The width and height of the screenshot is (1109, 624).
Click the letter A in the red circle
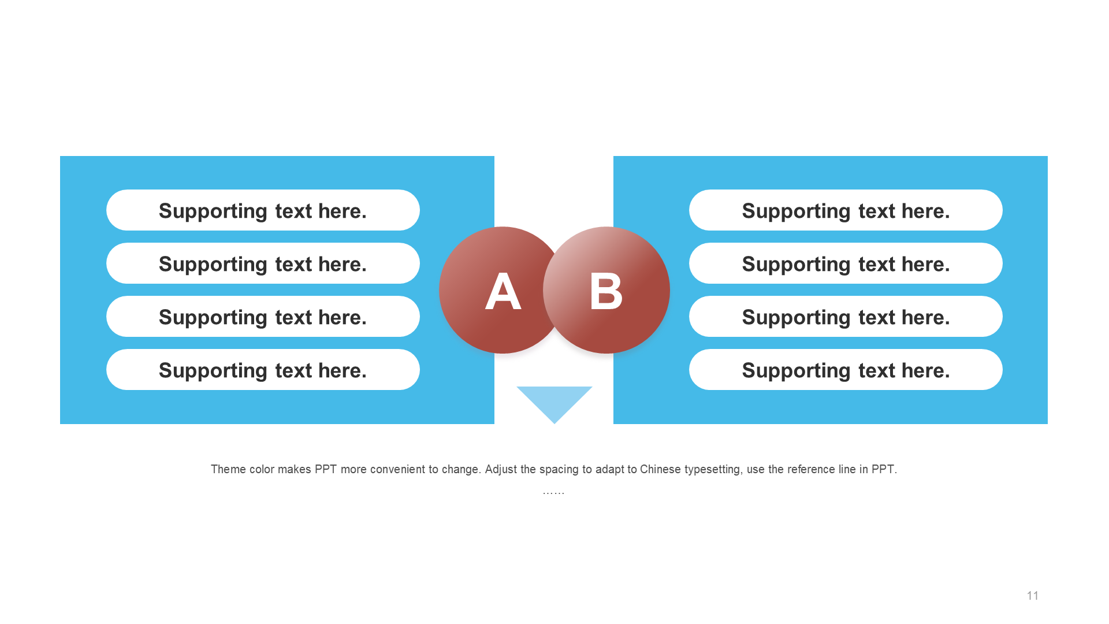click(x=503, y=291)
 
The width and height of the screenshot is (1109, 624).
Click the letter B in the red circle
click(x=606, y=291)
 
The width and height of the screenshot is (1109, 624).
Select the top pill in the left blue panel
click(x=263, y=210)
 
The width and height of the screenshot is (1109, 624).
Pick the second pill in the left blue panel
click(x=263, y=263)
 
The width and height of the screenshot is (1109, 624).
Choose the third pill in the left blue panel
click(x=263, y=317)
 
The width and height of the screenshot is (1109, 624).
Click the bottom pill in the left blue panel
click(x=263, y=370)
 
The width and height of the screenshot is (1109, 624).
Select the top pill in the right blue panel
click(x=846, y=210)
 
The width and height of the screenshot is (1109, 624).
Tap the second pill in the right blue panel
click(x=846, y=263)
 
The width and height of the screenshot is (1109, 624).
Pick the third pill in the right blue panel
click(x=846, y=317)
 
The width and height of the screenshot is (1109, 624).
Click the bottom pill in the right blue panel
click(x=846, y=370)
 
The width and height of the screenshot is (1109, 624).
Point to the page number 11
click(x=1033, y=596)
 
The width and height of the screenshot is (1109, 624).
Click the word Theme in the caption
click(x=228, y=469)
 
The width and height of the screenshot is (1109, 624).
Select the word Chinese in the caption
click(x=660, y=469)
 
